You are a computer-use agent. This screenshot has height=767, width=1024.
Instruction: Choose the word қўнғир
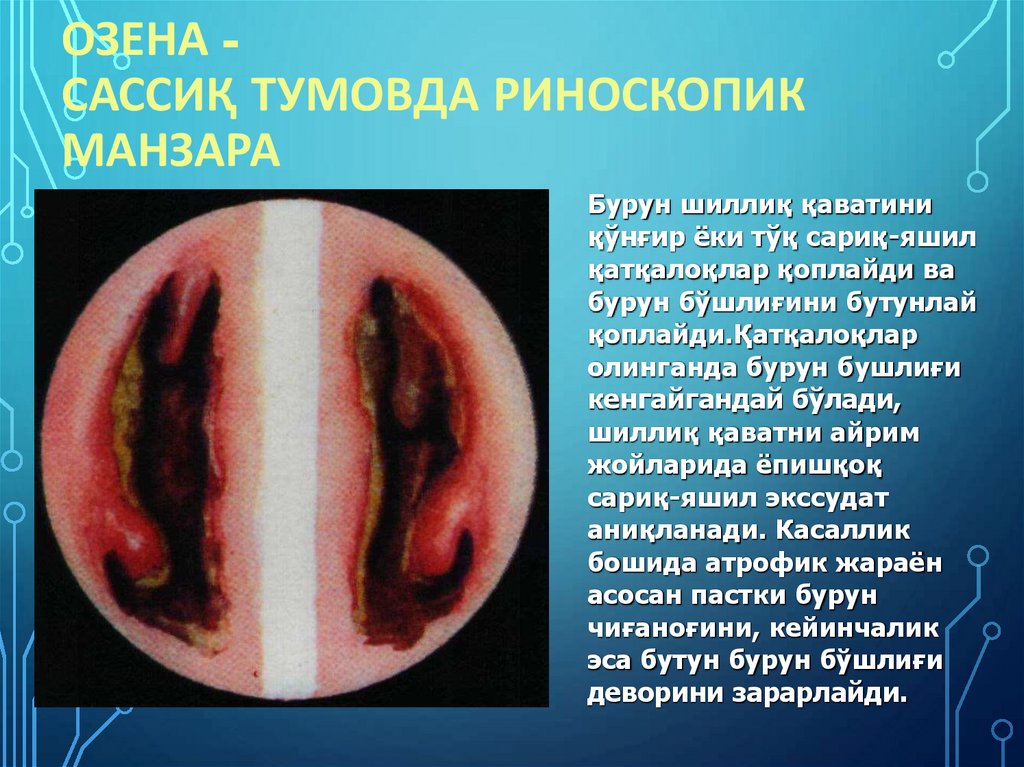[x=638, y=239]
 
